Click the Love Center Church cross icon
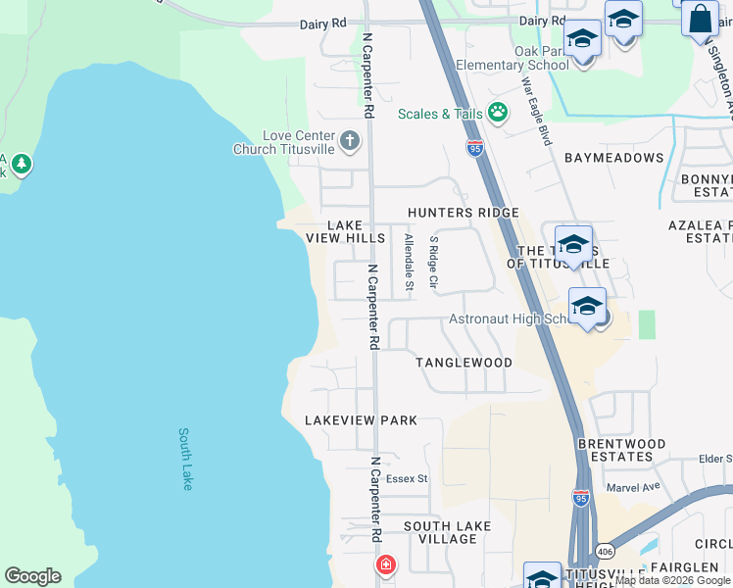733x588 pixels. pos(350,142)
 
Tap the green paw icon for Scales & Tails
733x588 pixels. pos(498,113)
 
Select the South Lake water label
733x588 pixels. pos(186,458)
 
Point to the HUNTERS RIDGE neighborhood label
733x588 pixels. pos(450,213)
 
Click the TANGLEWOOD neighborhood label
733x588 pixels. pos(464,363)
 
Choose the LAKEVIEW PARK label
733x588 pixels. pos(361,420)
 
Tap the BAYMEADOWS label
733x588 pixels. pos(613,158)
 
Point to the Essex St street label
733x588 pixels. pos(407,479)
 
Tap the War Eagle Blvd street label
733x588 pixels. pos(537,112)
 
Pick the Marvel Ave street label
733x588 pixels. pos(633,486)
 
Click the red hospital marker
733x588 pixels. pos(386,565)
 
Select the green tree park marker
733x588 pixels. pos(20,163)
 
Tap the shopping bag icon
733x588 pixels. pos(700,20)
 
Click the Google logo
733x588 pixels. pos(32,576)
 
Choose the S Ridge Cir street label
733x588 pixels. pos(434,262)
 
